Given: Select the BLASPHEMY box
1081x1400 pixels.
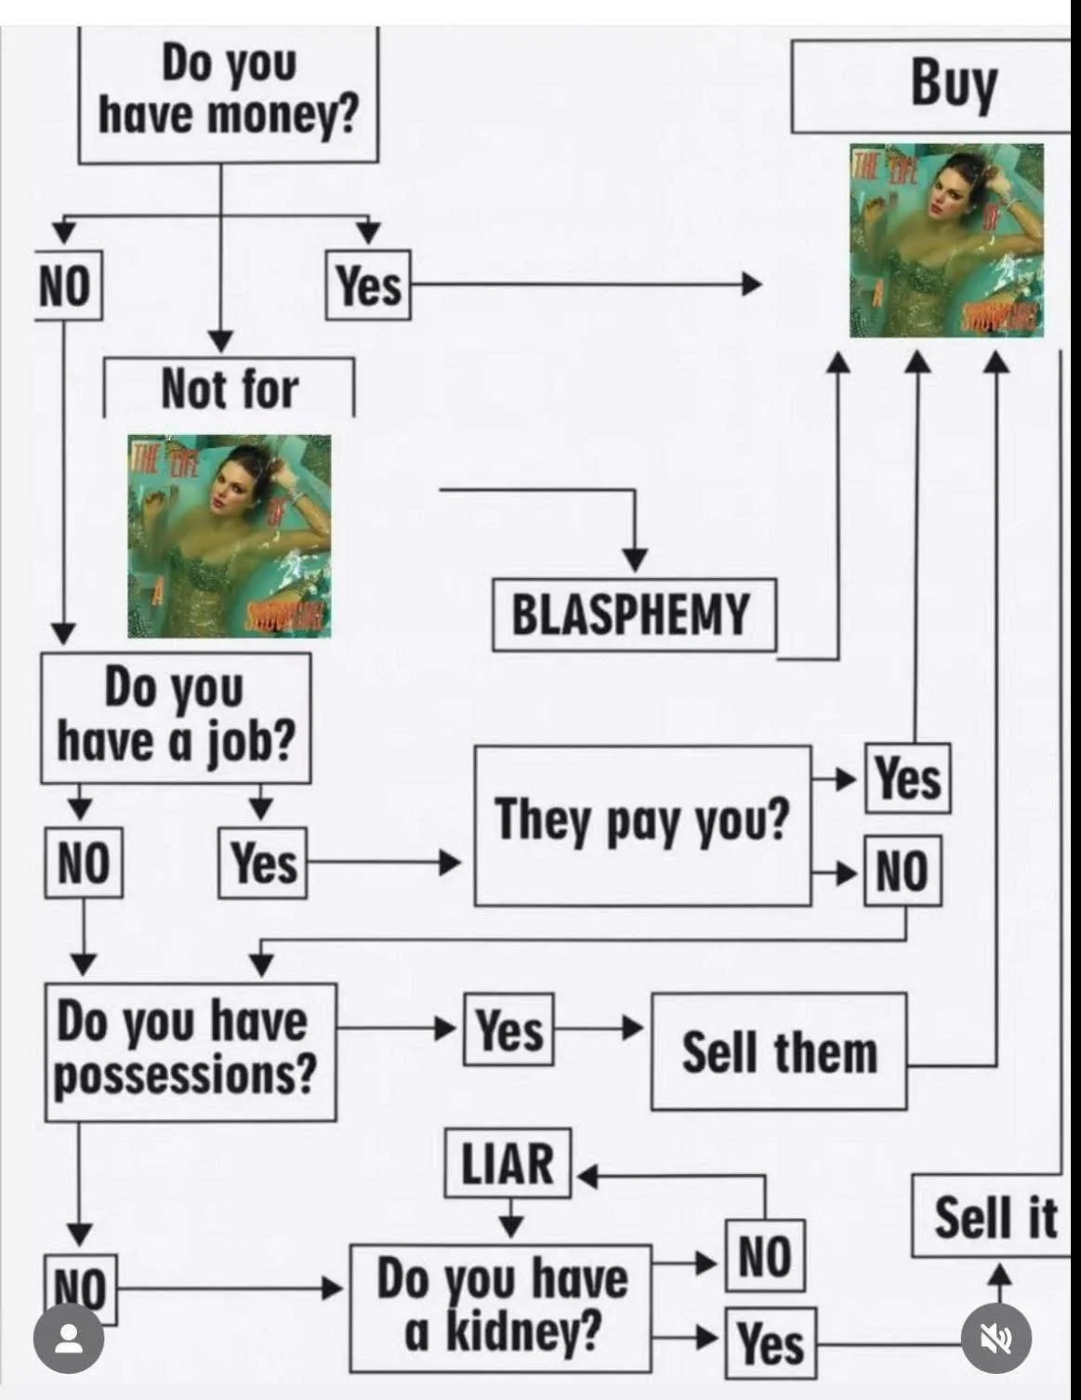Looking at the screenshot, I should coord(632,614).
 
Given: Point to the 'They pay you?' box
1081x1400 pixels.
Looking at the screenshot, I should coord(642,824).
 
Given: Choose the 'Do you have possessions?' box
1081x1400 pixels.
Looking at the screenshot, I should coord(190,1050).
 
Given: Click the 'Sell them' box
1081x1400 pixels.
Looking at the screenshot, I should coord(779,1051).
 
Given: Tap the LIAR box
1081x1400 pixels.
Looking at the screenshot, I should coord(508,1163).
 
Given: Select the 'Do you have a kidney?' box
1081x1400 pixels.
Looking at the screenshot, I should coord(501,1306).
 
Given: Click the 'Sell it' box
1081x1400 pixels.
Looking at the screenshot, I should coord(994,1218).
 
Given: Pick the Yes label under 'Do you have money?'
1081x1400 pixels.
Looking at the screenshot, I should coord(368,285).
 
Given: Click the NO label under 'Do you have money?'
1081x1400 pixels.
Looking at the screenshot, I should coord(66,286).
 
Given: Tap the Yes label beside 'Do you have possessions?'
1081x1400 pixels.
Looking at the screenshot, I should coord(509,1029).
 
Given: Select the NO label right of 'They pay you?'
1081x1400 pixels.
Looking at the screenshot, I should coord(902,871).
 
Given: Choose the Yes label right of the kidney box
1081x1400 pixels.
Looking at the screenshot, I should coord(771,1342).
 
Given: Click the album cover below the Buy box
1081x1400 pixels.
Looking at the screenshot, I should coord(946,240).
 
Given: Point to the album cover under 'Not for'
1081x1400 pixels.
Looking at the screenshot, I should coord(229,535).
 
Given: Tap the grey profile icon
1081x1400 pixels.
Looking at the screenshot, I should coord(68,1339).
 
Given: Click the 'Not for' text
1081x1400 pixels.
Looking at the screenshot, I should coord(229,389).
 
